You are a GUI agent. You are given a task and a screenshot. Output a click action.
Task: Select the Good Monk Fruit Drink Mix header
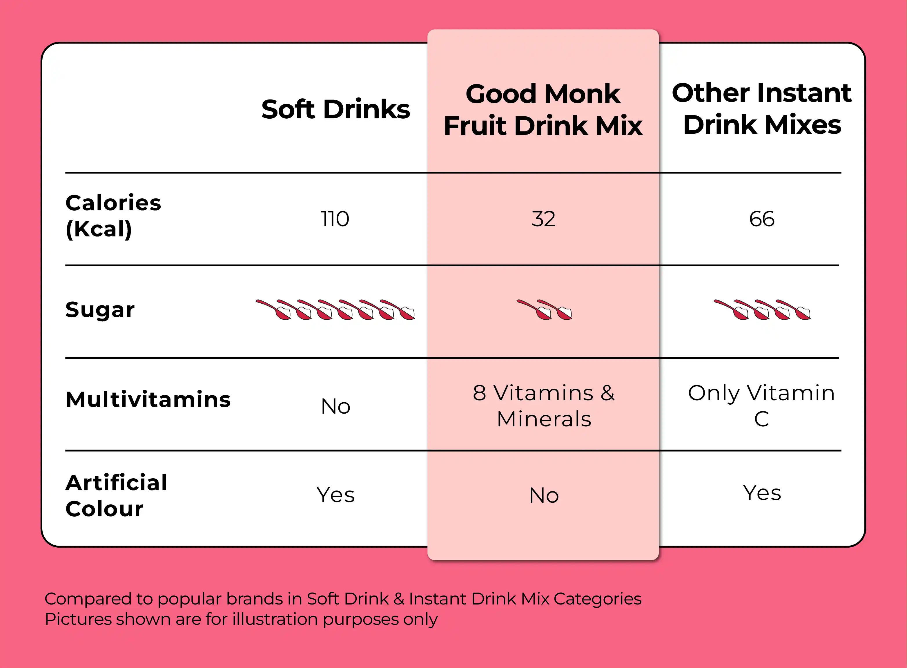[x=543, y=110]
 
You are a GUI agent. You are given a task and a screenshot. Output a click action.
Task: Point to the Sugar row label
[x=100, y=310]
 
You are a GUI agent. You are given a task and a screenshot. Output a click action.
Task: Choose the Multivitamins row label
[x=148, y=399]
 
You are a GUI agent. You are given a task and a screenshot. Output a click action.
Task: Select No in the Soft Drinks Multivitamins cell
[x=335, y=406]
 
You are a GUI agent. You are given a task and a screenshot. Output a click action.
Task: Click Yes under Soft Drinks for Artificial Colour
[x=335, y=495]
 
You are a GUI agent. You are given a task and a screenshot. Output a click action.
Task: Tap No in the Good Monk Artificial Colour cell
[x=544, y=495]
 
